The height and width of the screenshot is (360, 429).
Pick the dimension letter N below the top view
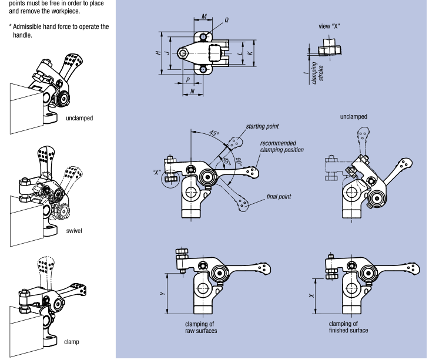click(192, 92)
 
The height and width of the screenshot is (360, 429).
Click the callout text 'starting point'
click(263, 126)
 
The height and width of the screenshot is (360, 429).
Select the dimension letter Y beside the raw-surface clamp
click(169, 293)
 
